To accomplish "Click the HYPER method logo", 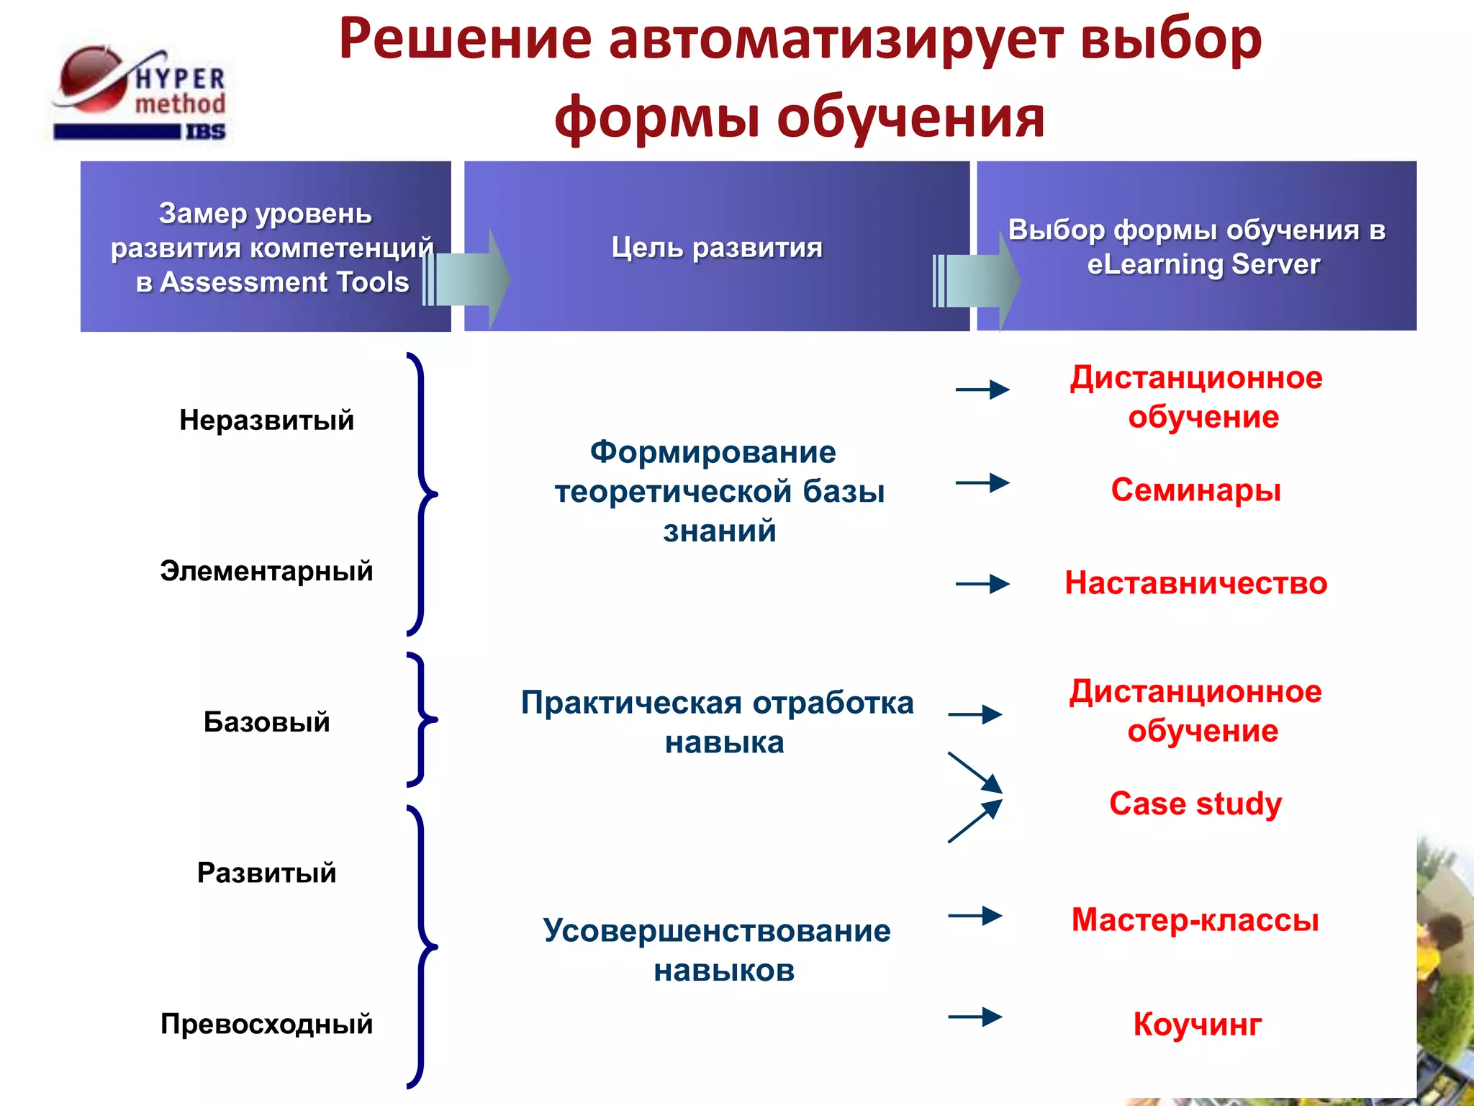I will pos(140,94).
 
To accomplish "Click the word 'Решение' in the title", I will pos(465,39).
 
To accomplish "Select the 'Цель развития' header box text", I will pos(717,248).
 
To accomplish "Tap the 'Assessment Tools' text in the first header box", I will pos(284,282).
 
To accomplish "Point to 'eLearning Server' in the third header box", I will pos(1203,264).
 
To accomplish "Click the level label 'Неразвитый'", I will pos(266,420).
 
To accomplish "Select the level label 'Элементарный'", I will pos(266,571).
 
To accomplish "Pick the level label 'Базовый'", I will pos(266,721).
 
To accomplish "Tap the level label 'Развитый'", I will pos(266,873).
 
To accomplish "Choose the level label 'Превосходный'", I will pos(266,1024).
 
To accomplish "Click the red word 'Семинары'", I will pos(1196,490).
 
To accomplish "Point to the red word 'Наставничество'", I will pos(1196,583).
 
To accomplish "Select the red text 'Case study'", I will pos(1195,804).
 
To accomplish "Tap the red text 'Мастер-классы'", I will pos(1195,920).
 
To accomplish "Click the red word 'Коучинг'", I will pos(1198,1025).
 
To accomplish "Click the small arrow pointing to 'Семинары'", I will pos(982,482).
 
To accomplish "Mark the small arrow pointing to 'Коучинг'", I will pos(975,1017).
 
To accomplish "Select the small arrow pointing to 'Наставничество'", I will pos(982,584).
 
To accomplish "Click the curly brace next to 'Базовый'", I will pos(422,719).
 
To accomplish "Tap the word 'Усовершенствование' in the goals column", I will pos(717,931).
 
